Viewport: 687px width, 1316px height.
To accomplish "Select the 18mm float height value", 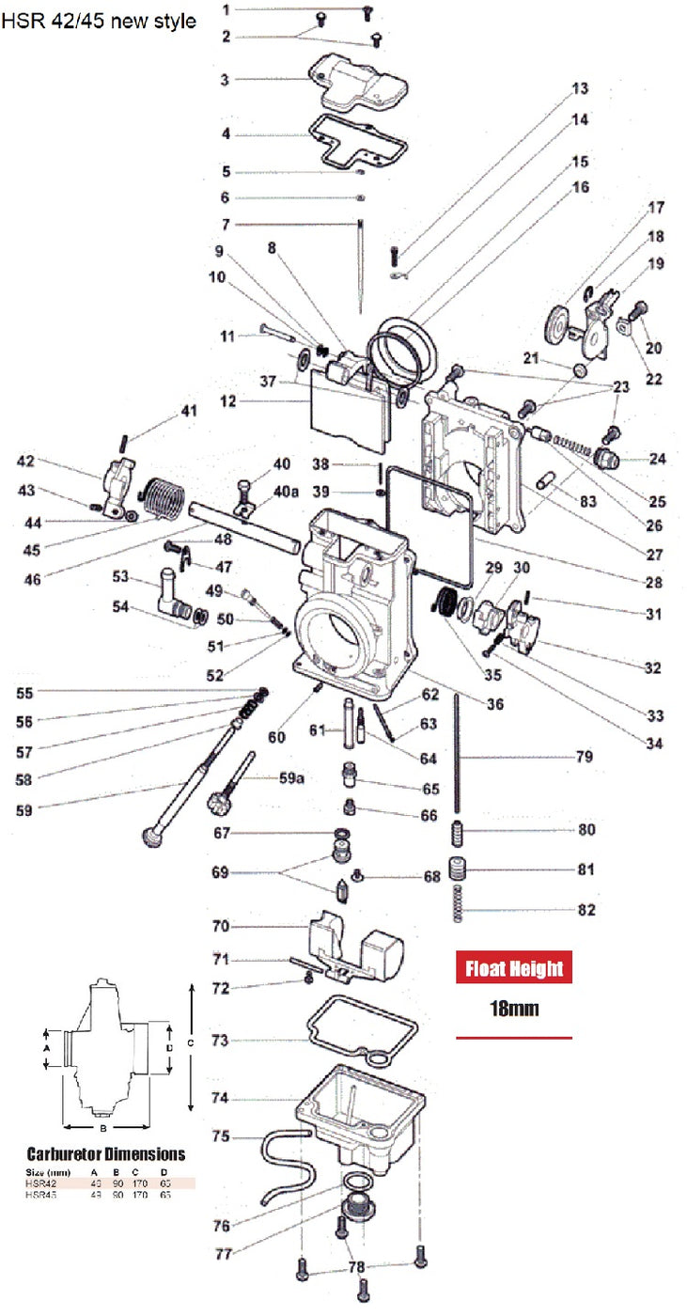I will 513,1010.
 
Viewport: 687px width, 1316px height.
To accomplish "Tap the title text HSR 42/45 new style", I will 99,21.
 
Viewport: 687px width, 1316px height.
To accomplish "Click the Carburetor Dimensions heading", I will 106,1153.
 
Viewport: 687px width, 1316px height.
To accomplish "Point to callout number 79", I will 584,757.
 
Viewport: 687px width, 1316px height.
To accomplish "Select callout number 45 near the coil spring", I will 31,551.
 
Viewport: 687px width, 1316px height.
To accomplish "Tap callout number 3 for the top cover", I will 225,81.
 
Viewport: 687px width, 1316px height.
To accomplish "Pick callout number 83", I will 587,502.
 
